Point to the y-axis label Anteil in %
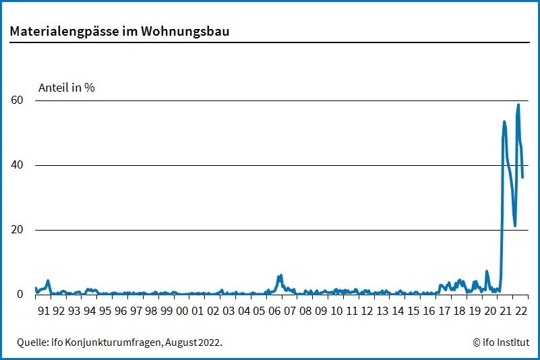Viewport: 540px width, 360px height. (x=66, y=88)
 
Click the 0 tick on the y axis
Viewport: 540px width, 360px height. (x=20, y=295)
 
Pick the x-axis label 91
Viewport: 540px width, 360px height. (x=43, y=311)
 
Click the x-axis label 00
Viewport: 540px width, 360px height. (x=182, y=311)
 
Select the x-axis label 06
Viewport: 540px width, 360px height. (x=274, y=311)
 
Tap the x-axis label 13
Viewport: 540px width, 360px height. (x=382, y=311)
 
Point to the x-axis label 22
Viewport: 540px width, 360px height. (x=520, y=311)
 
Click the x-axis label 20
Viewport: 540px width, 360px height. (x=490, y=311)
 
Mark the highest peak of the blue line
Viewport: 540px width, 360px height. (x=518, y=104)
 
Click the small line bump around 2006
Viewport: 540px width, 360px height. (x=280, y=276)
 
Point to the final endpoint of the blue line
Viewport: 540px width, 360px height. (x=522, y=177)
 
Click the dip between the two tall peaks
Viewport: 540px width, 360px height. (x=515, y=225)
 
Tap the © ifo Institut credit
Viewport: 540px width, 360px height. (x=501, y=342)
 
